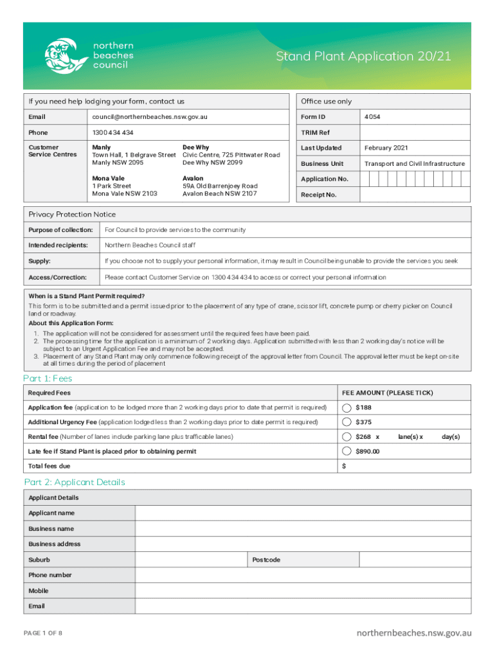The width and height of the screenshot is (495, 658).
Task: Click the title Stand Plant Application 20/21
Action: [x=363, y=57]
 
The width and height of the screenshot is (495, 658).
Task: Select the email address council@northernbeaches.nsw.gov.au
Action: [x=150, y=117]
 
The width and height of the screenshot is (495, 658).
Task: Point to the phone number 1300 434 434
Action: [x=113, y=132]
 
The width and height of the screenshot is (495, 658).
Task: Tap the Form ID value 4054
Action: [x=372, y=117]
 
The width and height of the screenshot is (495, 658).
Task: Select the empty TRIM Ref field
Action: [x=415, y=132]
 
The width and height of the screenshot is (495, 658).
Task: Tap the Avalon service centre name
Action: [x=193, y=178]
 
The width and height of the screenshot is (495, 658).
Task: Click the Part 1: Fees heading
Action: [x=48, y=378]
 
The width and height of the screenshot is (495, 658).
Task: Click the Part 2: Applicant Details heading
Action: [x=74, y=482]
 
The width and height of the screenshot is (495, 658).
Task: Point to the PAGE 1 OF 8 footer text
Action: [x=42, y=634]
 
